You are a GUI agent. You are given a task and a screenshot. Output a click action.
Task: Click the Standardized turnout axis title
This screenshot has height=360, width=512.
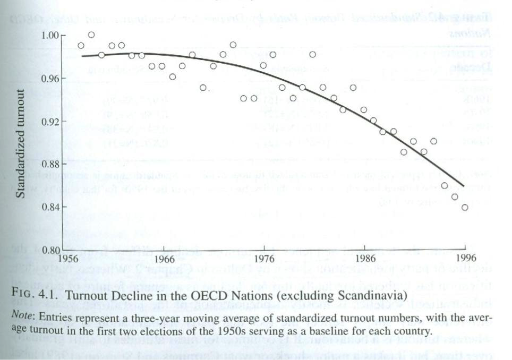click(x=20, y=143)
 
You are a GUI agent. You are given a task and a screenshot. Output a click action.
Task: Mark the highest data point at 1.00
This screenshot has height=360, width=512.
click(x=91, y=35)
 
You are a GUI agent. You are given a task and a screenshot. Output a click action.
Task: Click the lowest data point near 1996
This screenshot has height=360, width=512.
click(x=465, y=208)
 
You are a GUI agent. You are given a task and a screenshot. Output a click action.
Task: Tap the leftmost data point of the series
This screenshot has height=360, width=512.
click(x=81, y=46)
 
